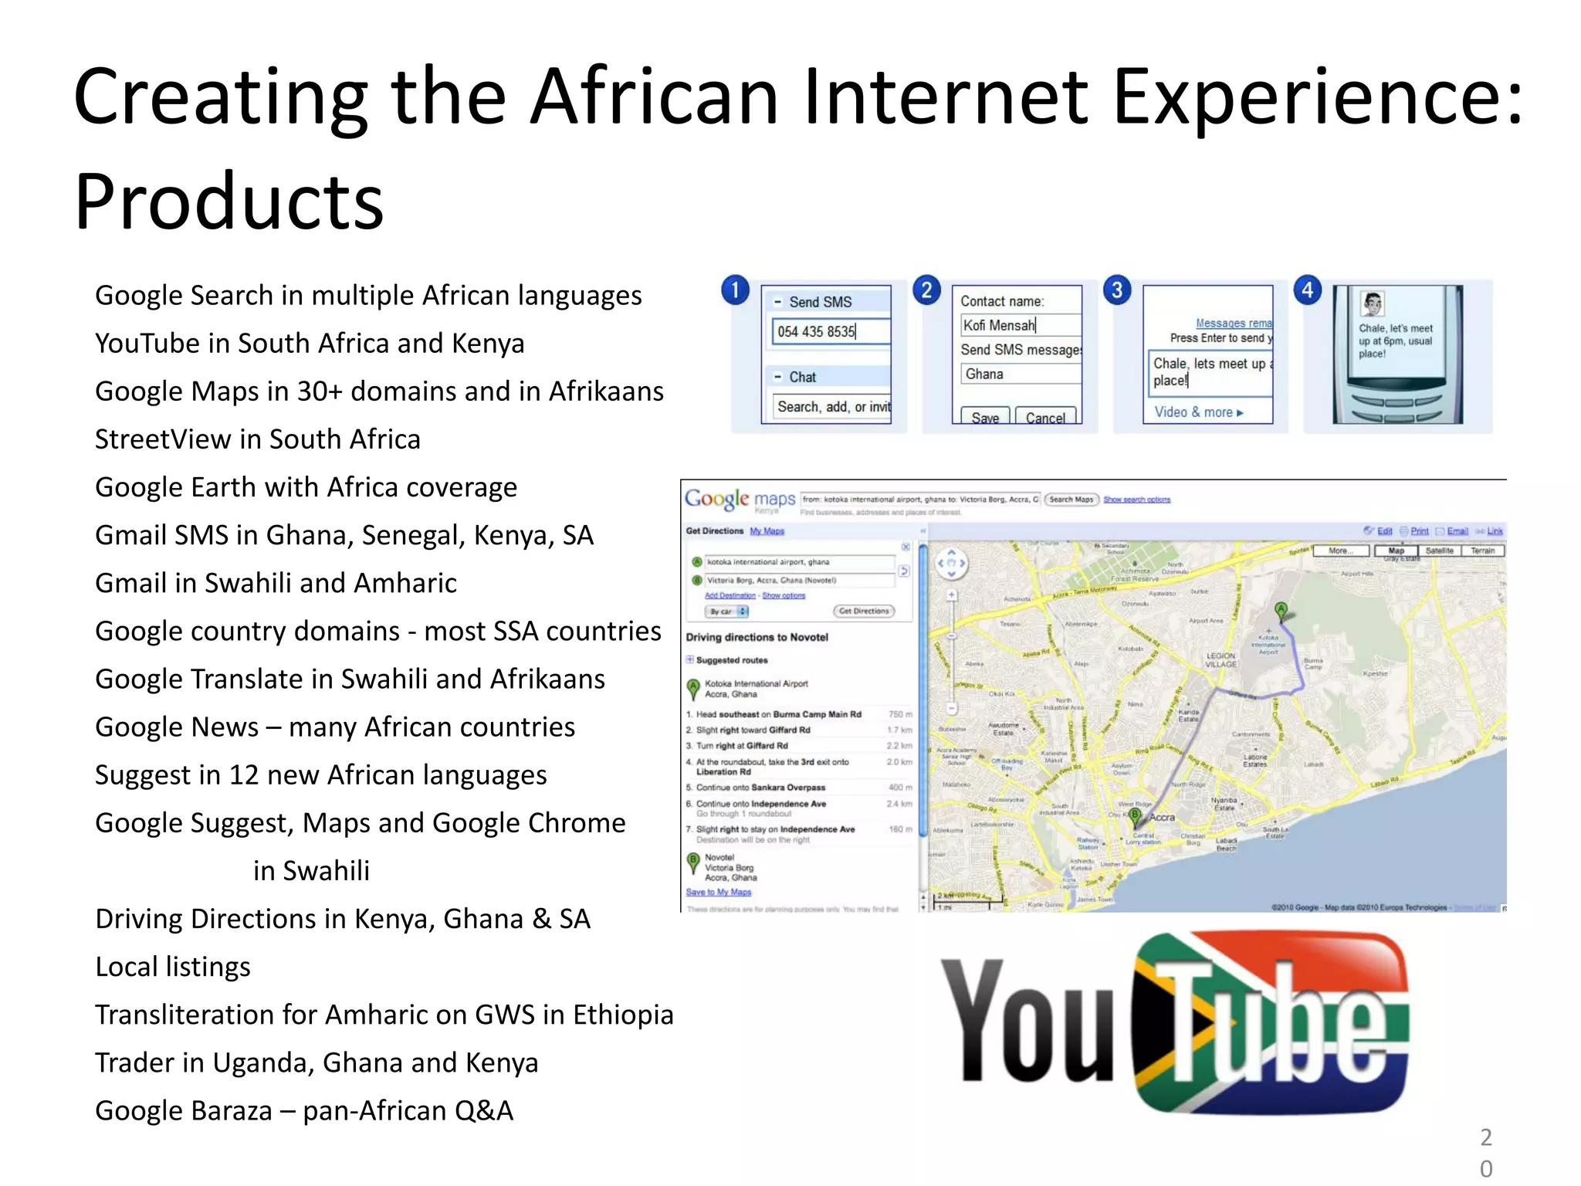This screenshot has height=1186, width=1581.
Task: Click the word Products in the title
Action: click(x=229, y=202)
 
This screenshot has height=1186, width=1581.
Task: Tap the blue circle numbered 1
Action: click(x=735, y=290)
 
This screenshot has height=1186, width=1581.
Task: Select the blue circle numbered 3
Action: click(x=1116, y=290)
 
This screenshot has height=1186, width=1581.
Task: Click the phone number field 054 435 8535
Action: click(x=830, y=331)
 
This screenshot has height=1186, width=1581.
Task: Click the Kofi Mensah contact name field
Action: click(x=1019, y=325)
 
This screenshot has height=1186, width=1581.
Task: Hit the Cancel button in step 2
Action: click(x=1044, y=418)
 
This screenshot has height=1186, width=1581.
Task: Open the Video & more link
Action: click(x=1198, y=412)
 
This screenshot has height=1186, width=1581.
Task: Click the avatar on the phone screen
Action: click(x=1373, y=303)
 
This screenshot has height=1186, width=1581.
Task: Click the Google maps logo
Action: click(x=740, y=500)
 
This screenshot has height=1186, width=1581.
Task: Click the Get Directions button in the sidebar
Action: click(x=865, y=611)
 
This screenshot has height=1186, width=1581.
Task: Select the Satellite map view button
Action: click(x=1439, y=551)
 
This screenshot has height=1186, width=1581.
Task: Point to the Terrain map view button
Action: click(x=1482, y=551)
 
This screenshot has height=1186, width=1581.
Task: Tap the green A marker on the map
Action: click(x=1281, y=611)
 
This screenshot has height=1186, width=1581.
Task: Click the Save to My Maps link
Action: click(x=719, y=892)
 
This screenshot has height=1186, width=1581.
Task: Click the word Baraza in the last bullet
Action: click(x=237, y=1111)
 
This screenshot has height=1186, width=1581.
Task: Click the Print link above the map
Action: click(x=1419, y=531)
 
